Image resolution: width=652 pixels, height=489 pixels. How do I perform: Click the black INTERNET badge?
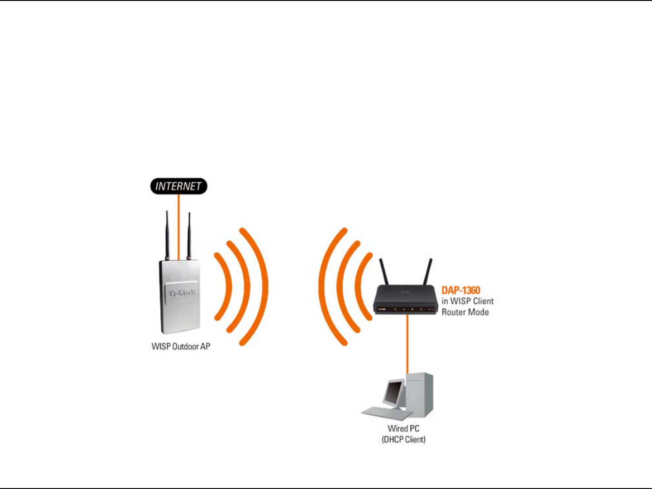(178, 186)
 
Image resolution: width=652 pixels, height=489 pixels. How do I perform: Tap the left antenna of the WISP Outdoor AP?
(167, 235)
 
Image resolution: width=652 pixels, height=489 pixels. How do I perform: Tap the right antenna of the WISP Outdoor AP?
(189, 235)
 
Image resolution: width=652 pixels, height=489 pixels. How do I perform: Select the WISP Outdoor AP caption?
(181, 347)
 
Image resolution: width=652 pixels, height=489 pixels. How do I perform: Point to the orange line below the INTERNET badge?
(178, 226)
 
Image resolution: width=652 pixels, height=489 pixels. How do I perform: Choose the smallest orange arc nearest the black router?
(360, 286)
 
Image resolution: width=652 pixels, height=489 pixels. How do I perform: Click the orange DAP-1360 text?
(460, 290)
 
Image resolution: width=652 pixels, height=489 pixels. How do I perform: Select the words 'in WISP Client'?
(467, 301)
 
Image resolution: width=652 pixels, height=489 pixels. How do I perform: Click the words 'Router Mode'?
(465, 312)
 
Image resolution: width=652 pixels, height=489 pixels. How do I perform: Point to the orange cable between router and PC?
(407, 344)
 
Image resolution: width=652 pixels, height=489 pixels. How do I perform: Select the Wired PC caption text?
(403, 428)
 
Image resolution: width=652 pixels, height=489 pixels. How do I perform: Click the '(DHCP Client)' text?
(403, 439)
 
